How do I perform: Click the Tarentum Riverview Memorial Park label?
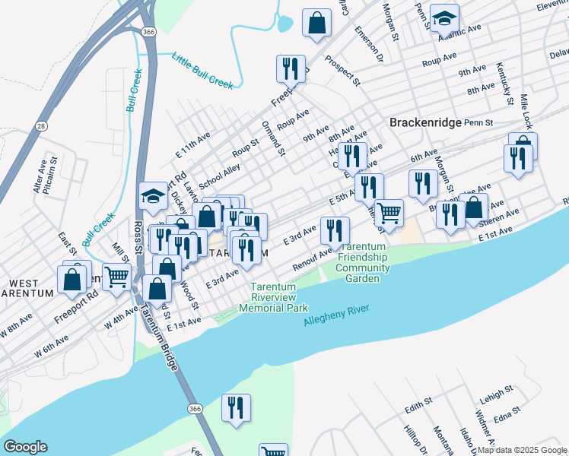point(273,297)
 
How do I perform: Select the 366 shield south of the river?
point(195,409)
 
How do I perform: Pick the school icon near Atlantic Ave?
point(444,17)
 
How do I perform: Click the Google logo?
point(25,447)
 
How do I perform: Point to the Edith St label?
point(418,404)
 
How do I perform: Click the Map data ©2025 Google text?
point(522,450)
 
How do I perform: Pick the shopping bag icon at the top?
point(316,23)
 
